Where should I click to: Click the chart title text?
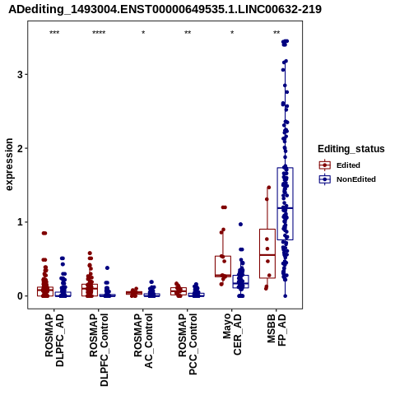click(x=165, y=9)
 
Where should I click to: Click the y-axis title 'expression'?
click(x=9, y=165)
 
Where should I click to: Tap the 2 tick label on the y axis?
click(x=20, y=148)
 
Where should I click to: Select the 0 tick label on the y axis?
click(x=20, y=296)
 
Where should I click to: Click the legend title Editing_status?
click(x=351, y=149)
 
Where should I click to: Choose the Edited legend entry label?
click(x=348, y=165)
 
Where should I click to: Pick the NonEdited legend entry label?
click(x=356, y=179)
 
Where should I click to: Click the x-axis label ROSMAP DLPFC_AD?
click(x=54, y=340)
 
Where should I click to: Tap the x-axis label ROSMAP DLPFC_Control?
click(x=99, y=350)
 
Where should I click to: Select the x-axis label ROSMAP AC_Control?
click(x=143, y=341)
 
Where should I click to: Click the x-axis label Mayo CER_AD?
click(x=232, y=334)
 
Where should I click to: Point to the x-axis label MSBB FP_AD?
click(x=276, y=330)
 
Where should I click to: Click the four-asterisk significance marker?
click(x=99, y=33)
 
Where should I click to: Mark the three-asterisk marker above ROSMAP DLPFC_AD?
click(x=54, y=33)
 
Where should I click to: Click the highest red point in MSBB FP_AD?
click(x=269, y=188)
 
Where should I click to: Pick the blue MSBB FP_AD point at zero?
click(x=286, y=296)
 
